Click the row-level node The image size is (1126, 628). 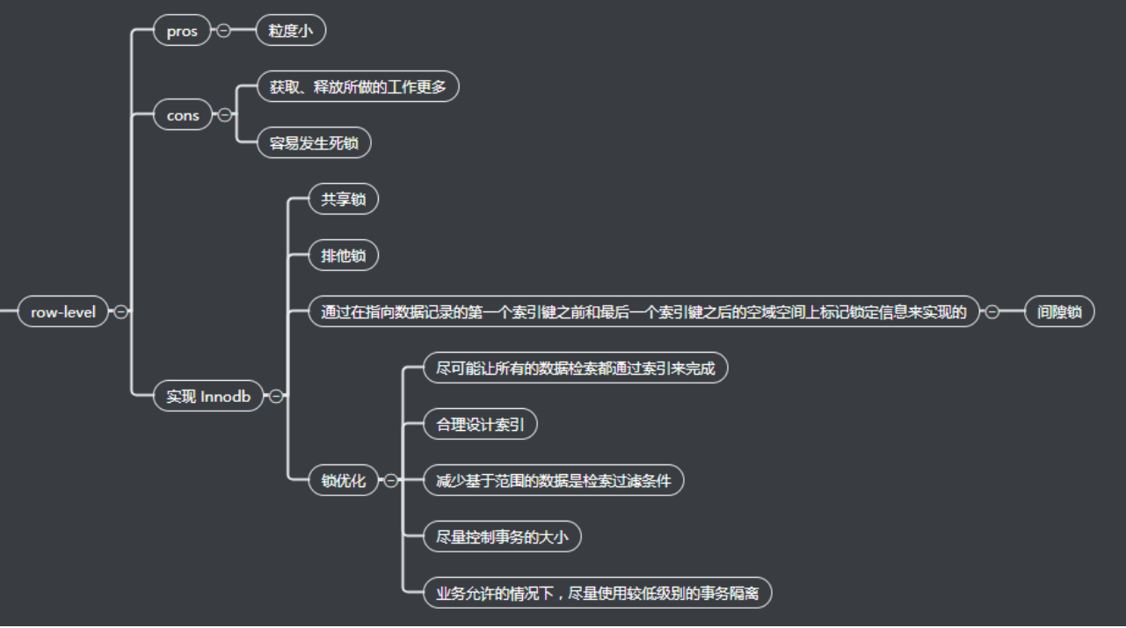pyautogui.click(x=63, y=311)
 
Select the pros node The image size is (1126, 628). pyautogui.click(x=182, y=31)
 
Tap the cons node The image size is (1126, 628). pyautogui.click(x=183, y=115)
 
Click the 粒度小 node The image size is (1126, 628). pyautogui.click(x=291, y=31)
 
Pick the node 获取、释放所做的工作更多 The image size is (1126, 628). pyautogui.click(x=358, y=86)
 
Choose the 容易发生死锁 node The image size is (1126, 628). pyautogui.click(x=314, y=142)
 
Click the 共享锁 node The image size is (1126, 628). pyautogui.click(x=343, y=200)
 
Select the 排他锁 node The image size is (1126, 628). pyautogui.click(x=343, y=256)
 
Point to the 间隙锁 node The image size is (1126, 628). pyautogui.click(x=1059, y=311)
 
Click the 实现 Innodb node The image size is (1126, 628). pyautogui.click(x=208, y=396)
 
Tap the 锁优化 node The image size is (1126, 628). pyautogui.click(x=343, y=480)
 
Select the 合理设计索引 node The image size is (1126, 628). pyautogui.click(x=480, y=425)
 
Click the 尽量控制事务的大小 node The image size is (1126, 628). pyautogui.click(x=502, y=537)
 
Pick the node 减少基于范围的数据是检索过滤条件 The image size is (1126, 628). pyautogui.click(x=553, y=480)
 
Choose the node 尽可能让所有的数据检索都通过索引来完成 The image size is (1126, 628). pyautogui.click(x=576, y=368)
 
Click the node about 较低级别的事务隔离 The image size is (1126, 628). pyautogui.click(x=597, y=593)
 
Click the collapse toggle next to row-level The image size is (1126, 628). pyautogui.click(x=121, y=311)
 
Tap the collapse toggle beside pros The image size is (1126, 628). pyautogui.click(x=223, y=31)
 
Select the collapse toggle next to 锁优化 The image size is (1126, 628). pyautogui.click(x=390, y=480)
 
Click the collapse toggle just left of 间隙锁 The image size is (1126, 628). pyautogui.click(x=992, y=311)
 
